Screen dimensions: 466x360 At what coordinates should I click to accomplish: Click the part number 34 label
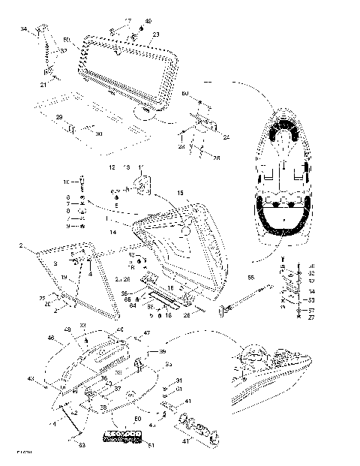24,29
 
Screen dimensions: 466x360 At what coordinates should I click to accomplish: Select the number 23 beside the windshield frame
155,35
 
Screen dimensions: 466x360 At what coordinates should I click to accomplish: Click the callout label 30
98,133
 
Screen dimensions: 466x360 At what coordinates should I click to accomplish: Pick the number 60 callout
184,94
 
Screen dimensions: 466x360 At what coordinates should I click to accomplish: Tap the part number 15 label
179,194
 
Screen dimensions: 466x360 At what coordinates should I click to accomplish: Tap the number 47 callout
147,333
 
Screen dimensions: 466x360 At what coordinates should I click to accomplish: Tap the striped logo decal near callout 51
121,437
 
